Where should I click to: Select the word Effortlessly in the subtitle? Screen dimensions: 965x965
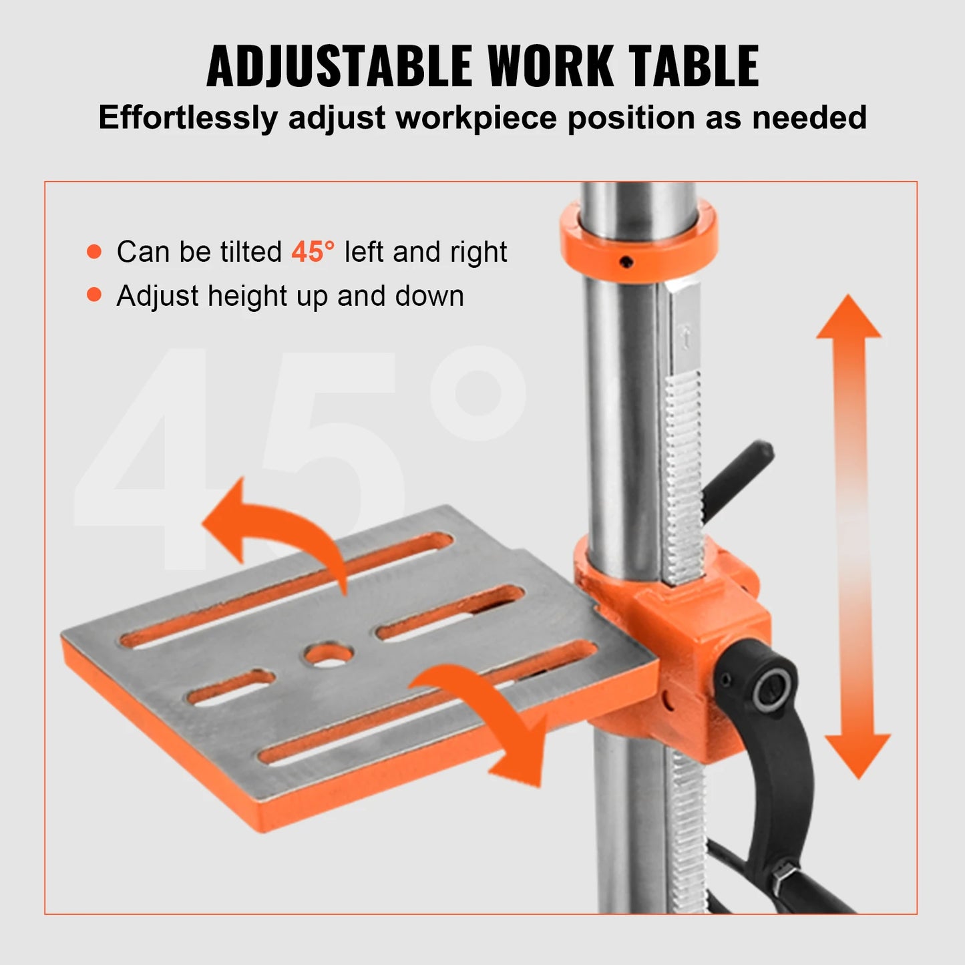188,118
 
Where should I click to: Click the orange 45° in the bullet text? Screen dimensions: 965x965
313,252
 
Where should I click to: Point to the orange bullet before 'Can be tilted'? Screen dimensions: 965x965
94,252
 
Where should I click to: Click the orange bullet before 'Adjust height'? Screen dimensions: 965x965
94,295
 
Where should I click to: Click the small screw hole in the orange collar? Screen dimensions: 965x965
626,262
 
